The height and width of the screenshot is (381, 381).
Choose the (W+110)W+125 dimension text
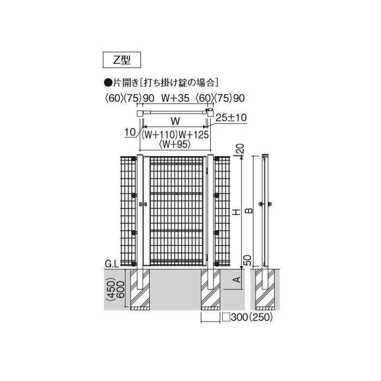click(175, 135)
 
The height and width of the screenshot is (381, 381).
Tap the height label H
click(236, 211)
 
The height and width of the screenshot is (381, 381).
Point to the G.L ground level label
click(112, 264)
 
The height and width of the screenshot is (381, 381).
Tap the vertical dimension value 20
click(237, 148)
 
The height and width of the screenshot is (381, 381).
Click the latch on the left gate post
click(143, 205)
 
